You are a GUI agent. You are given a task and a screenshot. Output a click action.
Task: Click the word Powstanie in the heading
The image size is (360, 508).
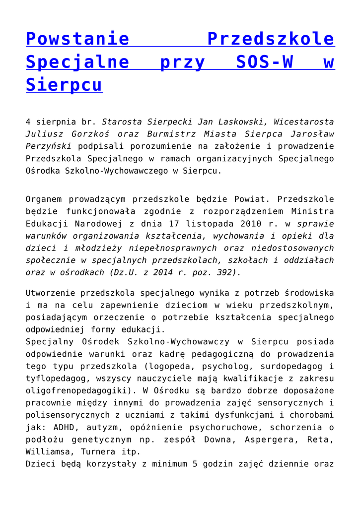tap(77, 39)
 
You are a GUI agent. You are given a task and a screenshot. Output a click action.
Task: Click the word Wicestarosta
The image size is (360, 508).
tap(303, 122)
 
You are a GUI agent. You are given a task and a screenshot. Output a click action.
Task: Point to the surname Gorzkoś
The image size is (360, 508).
tap(83, 134)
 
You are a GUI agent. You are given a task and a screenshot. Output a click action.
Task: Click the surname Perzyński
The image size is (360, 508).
tap(49, 146)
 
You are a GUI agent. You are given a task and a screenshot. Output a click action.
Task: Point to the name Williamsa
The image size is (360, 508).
tap(48, 452)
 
